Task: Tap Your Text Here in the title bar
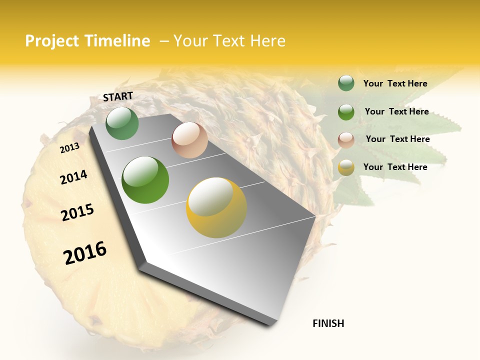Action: tap(229, 41)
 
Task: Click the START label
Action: tap(118, 96)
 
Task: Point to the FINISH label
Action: tap(328, 323)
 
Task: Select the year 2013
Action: tap(69, 148)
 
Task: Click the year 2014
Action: tap(73, 177)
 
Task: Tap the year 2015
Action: tap(77, 212)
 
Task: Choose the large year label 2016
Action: tap(85, 253)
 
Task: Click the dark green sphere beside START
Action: tap(122, 123)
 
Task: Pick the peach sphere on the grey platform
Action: tap(189, 140)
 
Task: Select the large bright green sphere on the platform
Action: tap(145, 180)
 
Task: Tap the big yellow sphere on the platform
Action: tap(216, 207)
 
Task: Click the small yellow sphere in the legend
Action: tap(346, 167)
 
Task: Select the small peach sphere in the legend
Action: tap(346, 139)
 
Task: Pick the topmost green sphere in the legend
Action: tap(346, 83)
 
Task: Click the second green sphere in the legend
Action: tap(346, 112)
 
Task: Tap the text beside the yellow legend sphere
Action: tap(395, 167)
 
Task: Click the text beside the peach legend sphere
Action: tap(397, 139)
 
